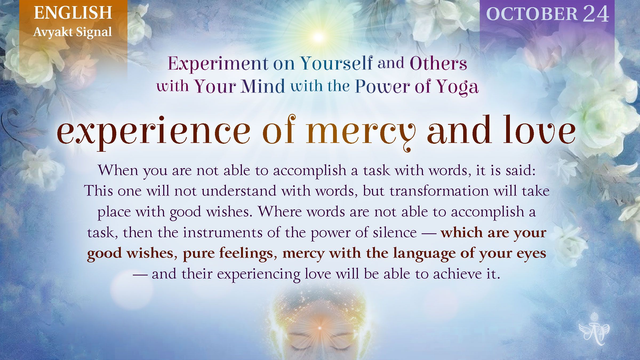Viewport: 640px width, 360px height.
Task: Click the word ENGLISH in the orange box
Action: pos(73,13)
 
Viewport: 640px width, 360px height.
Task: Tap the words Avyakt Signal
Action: pos(73,32)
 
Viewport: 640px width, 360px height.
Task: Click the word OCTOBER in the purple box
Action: pos(532,14)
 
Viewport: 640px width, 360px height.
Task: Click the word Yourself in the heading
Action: pos(337,64)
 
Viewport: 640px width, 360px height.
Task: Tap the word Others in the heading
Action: pos(438,64)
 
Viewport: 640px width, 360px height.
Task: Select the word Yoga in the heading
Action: pos(457,87)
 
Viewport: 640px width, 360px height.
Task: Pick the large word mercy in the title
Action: pos(361,132)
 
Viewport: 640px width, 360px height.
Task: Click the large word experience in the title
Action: pos(153,132)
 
